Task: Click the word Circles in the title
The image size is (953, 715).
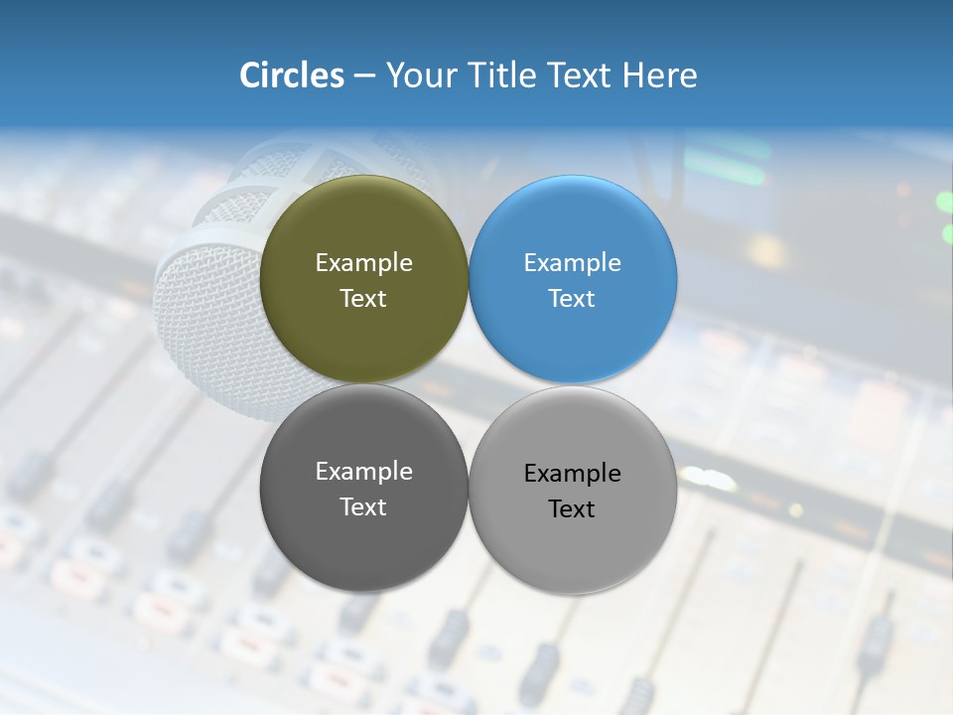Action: pyautogui.click(x=292, y=75)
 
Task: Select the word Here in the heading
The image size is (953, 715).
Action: pyautogui.click(x=659, y=75)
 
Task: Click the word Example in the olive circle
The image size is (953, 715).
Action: pyautogui.click(x=363, y=263)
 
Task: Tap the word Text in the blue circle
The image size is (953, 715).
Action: pyautogui.click(x=572, y=299)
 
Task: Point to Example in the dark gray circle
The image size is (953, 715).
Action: pyautogui.click(x=363, y=472)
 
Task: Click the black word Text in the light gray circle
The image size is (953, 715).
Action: pyautogui.click(x=572, y=509)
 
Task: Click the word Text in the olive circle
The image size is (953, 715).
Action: pyautogui.click(x=363, y=299)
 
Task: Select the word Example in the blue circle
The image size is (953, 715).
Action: pyautogui.click(x=572, y=263)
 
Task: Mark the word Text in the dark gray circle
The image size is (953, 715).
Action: pyautogui.click(x=363, y=507)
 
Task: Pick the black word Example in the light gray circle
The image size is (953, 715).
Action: pyautogui.click(x=572, y=474)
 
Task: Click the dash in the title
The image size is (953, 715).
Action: pyautogui.click(x=364, y=76)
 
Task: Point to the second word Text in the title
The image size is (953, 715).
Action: pyautogui.click(x=580, y=75)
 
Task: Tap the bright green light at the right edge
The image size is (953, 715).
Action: pyautogui.click(x=944, y=203)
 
